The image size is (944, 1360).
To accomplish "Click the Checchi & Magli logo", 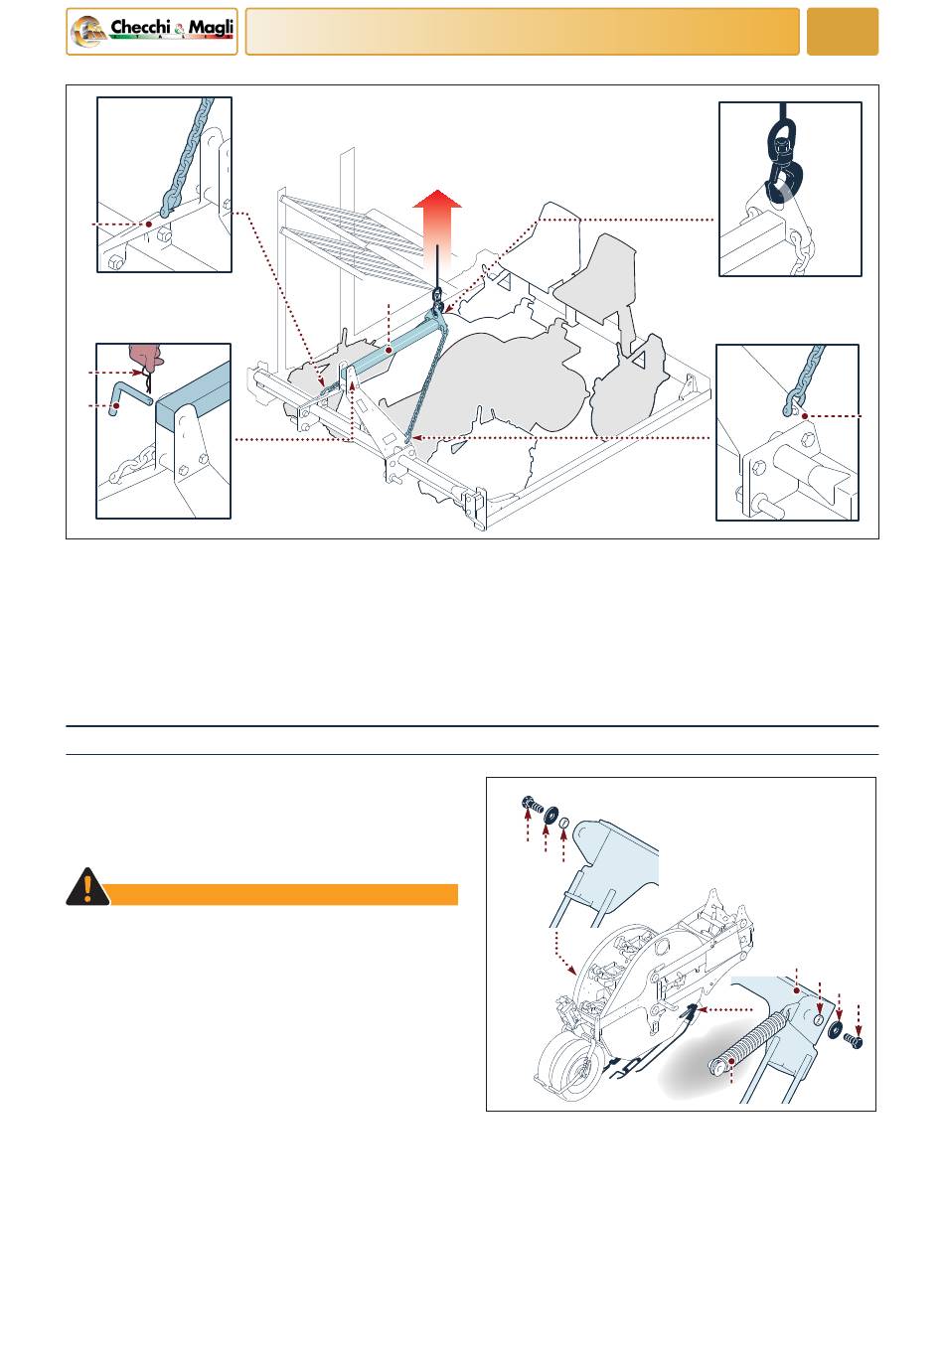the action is pos(151,32).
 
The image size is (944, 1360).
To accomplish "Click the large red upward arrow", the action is pos(437,228).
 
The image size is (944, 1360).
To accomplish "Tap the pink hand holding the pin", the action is pos(146,356).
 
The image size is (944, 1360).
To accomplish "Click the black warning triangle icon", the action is pos(87,887).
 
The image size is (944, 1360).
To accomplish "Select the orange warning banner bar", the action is pos(283,895).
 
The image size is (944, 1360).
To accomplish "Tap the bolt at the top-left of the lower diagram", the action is pos(533,804).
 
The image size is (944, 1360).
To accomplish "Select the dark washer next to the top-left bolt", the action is pos(551,815).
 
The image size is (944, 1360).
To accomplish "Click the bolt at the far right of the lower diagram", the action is pos(854,1041).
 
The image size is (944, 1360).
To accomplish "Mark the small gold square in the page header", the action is pos(842,32).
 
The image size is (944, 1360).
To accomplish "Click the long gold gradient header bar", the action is pos(523,32).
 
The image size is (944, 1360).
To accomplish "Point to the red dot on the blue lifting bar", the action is pos(389,351).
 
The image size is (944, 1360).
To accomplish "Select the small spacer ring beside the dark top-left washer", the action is pos(563,823).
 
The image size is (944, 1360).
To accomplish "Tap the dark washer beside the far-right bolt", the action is pos(836,1028).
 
